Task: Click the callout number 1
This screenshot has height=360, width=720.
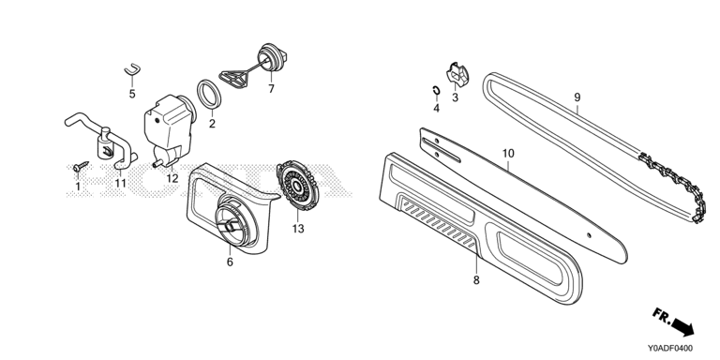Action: pos(78,187)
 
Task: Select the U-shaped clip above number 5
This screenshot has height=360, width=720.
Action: pos(132,69)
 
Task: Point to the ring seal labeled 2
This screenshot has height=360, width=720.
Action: pos(209,95)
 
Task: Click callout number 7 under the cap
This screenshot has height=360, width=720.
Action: pos(271,89)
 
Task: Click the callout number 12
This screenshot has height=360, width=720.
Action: pos(172,178)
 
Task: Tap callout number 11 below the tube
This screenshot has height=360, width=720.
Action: pos(120,183)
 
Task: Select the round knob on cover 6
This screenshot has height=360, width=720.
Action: pos(235,220)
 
